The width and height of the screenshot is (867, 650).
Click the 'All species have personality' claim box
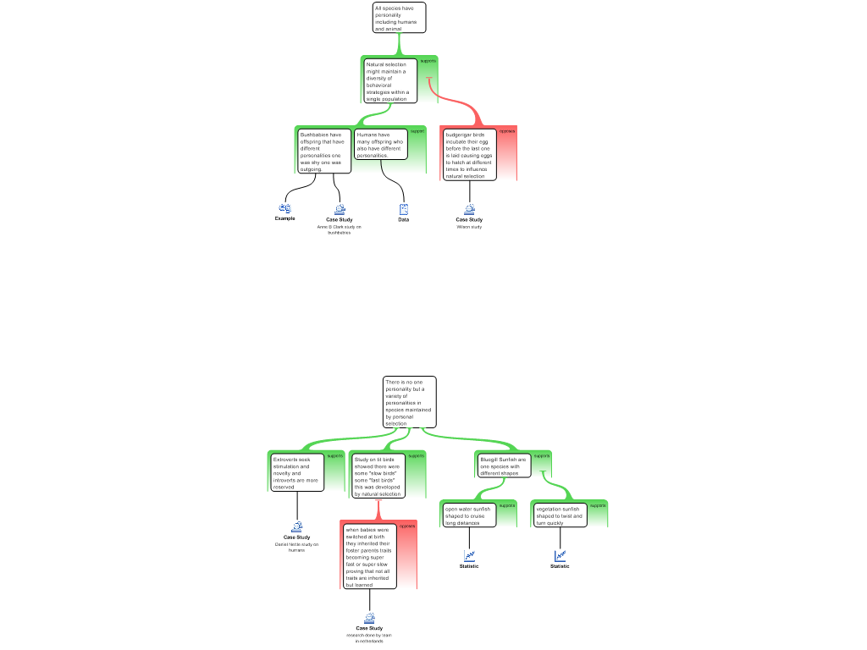399,18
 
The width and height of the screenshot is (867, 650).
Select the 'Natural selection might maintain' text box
390,81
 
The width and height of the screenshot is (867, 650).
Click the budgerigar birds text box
469,155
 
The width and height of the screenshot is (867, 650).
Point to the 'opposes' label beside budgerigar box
507,131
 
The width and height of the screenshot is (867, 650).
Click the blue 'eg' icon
285,207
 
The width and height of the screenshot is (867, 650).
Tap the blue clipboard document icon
404,209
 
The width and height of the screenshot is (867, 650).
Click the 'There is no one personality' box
410,402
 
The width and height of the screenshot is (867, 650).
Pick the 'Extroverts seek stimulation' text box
297,473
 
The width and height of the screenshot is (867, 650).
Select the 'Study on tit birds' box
378,476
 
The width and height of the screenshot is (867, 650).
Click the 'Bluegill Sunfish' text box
503,466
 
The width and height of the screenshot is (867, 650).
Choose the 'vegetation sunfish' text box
560,515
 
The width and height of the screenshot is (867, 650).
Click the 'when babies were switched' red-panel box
369,557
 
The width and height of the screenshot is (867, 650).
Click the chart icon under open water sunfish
469,556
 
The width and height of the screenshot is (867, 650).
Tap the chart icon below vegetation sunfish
560,556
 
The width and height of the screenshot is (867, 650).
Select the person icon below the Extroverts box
297,527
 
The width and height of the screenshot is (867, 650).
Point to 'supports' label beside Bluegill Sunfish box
542,456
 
